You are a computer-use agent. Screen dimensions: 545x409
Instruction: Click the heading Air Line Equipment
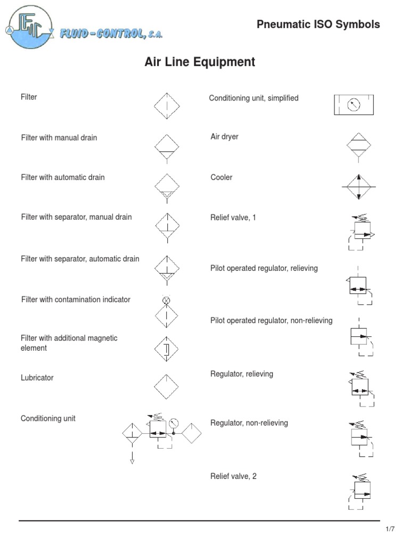point(200,62)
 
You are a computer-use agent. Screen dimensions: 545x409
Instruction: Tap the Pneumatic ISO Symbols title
point(318,24)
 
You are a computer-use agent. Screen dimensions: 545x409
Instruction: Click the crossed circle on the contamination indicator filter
point(166,301)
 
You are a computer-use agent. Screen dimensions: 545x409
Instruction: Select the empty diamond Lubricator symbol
point(167,386)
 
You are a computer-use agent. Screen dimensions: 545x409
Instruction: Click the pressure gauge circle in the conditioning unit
point(174,424)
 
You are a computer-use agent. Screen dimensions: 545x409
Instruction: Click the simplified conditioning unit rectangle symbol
point(354,105)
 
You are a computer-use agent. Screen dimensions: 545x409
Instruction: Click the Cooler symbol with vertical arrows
point(359,187)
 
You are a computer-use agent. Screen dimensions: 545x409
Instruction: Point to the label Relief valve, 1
point(233,218)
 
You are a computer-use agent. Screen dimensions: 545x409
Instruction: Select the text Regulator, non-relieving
point(249,423)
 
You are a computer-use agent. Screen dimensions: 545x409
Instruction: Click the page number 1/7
point(390,529)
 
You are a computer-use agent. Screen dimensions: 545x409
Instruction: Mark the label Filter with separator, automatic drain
point(80,259)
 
